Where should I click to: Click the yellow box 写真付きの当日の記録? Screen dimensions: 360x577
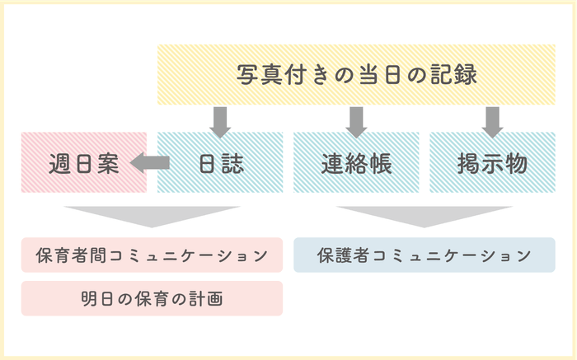(x=356, y=74)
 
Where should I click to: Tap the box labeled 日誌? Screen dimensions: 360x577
(x=221, y=162)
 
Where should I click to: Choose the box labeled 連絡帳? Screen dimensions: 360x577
(x=356, y=162)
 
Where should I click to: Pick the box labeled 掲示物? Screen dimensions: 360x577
(x=492, y=162)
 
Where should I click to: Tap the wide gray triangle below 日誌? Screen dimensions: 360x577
(x=152, y=215)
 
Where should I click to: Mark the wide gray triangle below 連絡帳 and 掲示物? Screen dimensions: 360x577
(x=424, y=215)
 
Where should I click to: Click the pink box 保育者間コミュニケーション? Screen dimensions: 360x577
(x=152, y=255)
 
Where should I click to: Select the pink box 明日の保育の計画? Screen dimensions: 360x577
(x=152, y=298)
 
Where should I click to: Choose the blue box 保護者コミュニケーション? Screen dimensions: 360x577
(x=424, y=255)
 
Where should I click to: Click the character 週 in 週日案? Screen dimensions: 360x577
(x=59, y=163)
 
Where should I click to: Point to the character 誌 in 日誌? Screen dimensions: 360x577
(x=232, y=163)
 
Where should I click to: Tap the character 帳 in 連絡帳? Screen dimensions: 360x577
(x=380, y=163)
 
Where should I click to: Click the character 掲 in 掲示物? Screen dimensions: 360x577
(x=469, y=163)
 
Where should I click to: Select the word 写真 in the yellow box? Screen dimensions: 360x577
(x=261, y=74)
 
